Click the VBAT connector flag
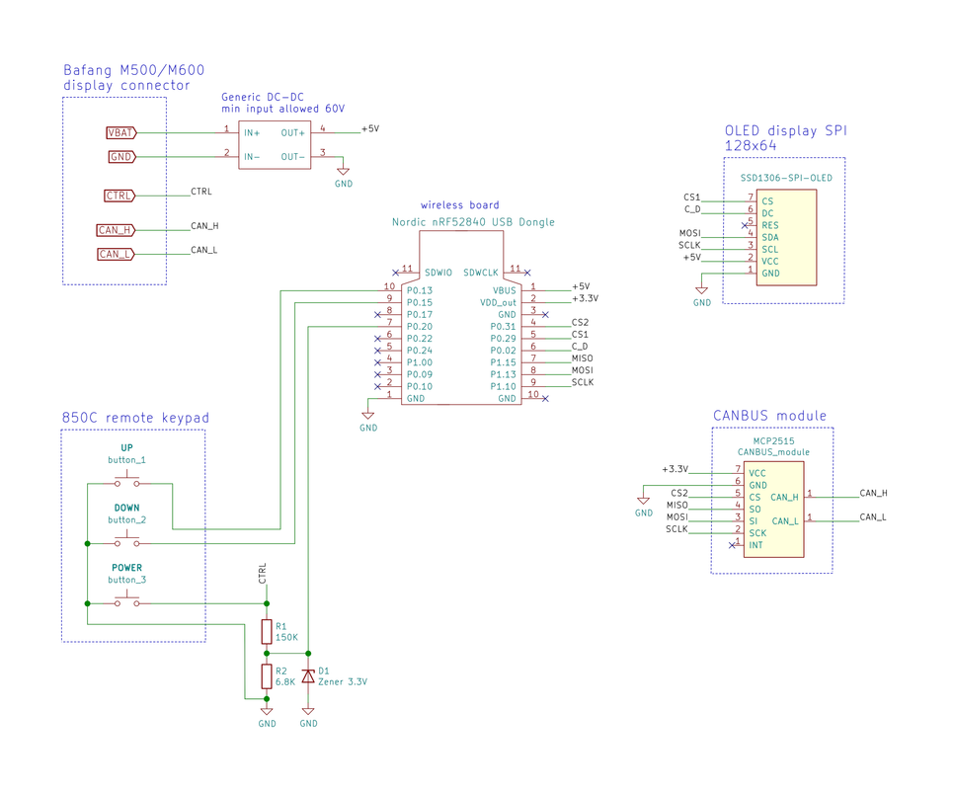(x=121, y=132)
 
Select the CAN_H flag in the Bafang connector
(x=116, y=230)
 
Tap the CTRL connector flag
(x=119, y=196)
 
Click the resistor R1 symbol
(x=267, y=632)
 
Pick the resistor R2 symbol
(x=267, y=676)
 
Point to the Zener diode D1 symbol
(x=308, y=676)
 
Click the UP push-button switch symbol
(x=127, y=481)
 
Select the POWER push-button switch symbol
(x=127, y=600)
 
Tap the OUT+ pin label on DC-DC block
(x=292, y=133)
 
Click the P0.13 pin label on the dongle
(x=419, y=290)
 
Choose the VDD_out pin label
(x=498, y=303)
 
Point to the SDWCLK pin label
(x=481, y=274)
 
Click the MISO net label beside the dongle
(x=583, y=358)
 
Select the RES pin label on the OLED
(x=770, y=225)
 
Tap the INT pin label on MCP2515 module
(x=755, y=545)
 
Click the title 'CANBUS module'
(x=769, y=416)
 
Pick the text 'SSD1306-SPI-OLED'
(x=786, y=178)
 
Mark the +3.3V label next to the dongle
(x=586, y=298)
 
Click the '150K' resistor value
(x=286, y=638)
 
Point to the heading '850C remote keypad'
(x=135, y=418)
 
